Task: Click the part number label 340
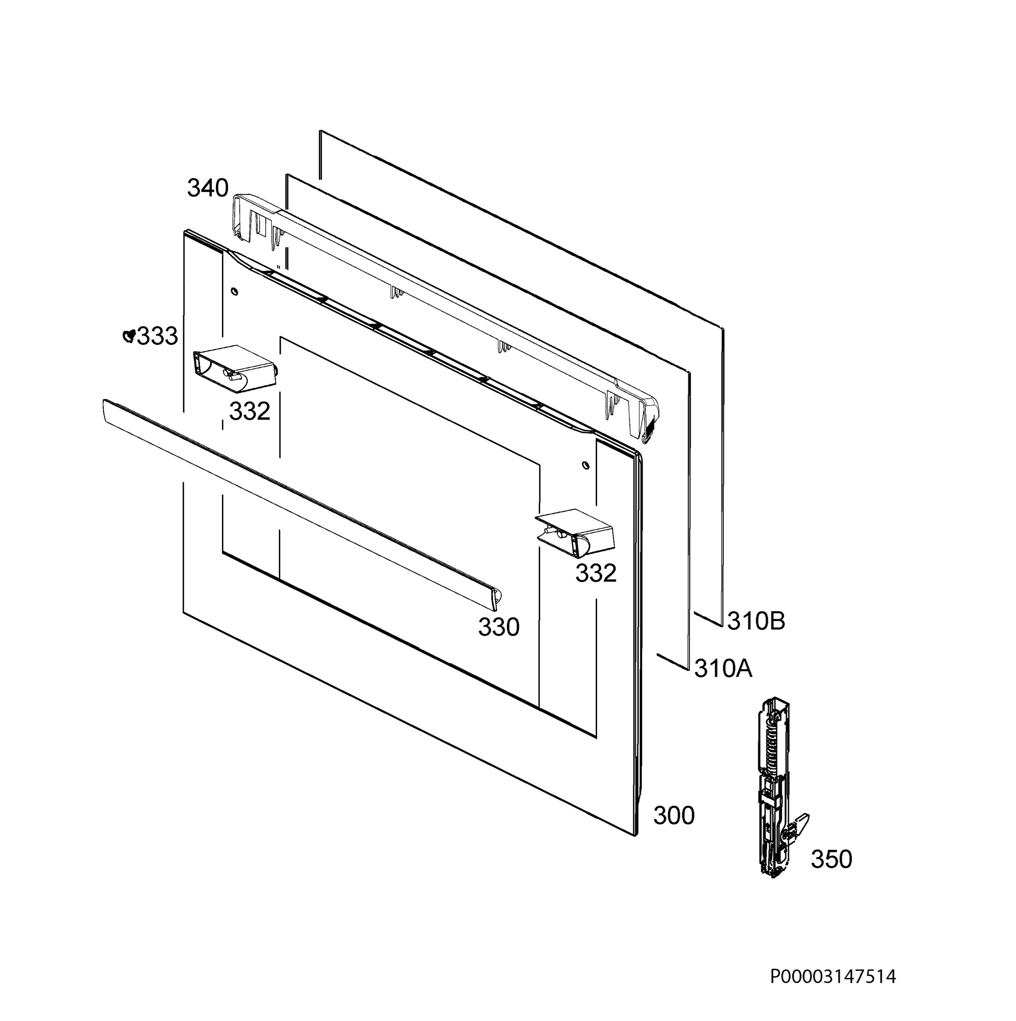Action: (208, 188)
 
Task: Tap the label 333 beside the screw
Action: (157, 336)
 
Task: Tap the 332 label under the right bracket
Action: (595, 573)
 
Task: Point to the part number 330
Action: (499, 627)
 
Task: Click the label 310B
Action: (756, 622)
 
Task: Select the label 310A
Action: (723, 668)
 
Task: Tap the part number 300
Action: (674, 816)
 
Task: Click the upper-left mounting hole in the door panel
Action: (235, 291)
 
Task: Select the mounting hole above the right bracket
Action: (584, 465)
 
